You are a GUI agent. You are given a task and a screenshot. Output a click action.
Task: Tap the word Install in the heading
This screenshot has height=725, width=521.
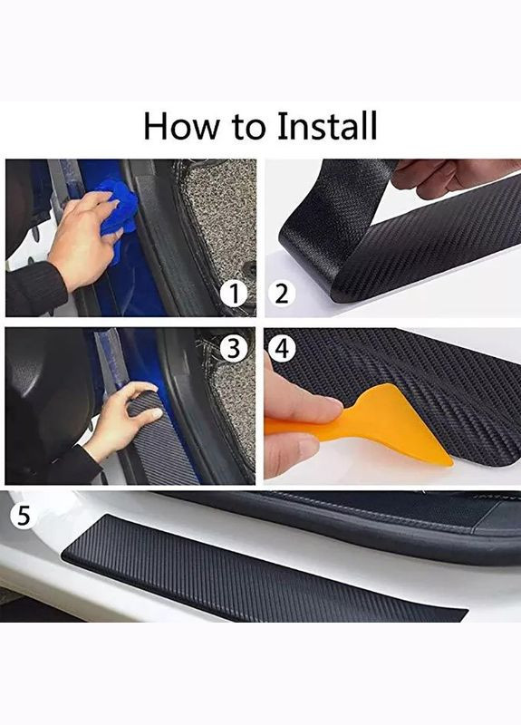[x=327, y=126]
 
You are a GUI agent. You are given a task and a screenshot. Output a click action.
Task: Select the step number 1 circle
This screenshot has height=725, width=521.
[x=235, y=293]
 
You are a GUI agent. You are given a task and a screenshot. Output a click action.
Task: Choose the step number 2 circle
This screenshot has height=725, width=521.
[x=281, y=293]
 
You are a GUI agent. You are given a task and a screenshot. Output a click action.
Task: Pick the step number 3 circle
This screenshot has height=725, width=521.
[x=234, y=348]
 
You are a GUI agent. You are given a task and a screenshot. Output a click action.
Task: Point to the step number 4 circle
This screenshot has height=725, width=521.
[x=282, y=348]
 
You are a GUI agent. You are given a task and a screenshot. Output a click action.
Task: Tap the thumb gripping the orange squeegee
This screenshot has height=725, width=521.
[x=302, y=399]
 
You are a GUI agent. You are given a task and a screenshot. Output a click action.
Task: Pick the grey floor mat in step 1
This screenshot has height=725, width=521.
[x=222, y=213]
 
